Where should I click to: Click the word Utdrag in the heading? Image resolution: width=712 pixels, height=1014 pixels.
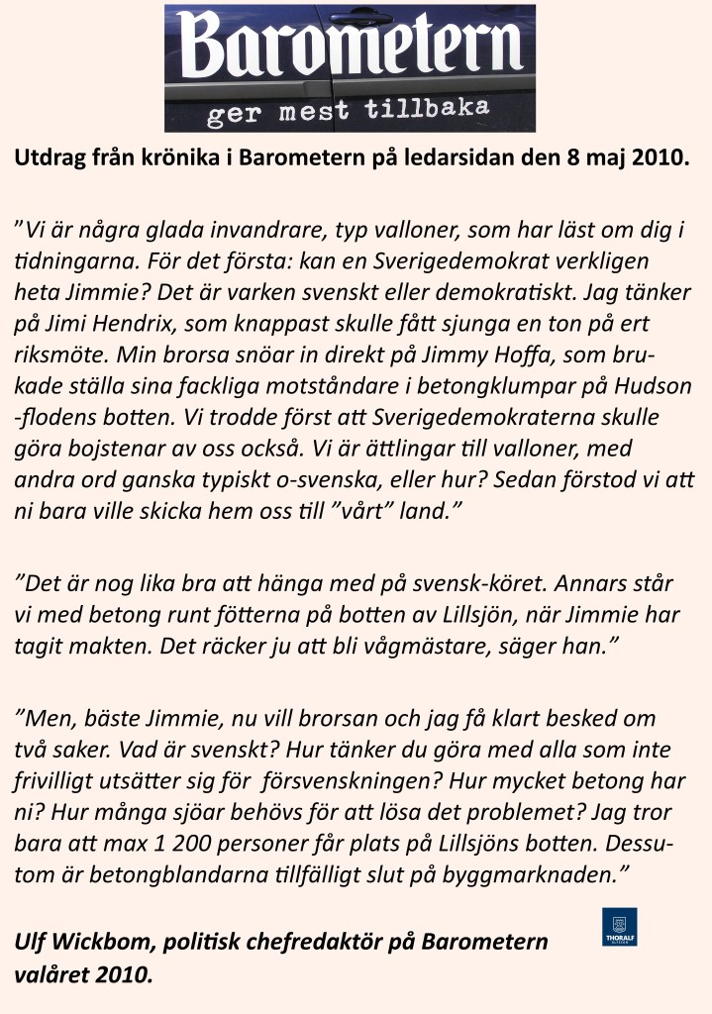(x=45, y=158)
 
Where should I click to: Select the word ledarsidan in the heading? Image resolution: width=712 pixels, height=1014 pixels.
(x=489, y=158)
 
